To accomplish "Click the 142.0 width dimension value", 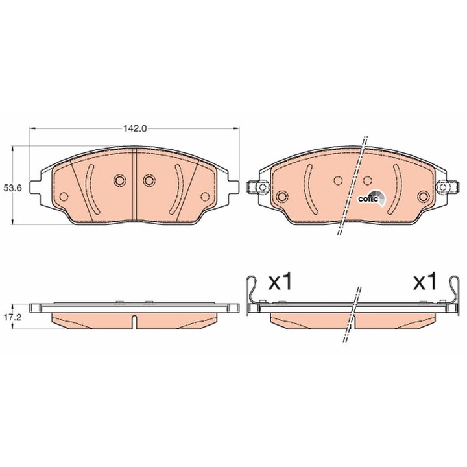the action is pos(135,128).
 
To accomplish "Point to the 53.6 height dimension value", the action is pos(12,187).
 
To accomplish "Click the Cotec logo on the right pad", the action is pos(372,198).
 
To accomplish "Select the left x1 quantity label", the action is pos(280,281).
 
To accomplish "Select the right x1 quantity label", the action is pos(425,281).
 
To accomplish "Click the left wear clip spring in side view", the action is pos(251,295).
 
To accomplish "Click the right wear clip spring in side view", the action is pos(453,295).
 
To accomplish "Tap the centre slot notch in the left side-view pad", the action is pos(134,322).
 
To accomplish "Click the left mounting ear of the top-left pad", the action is pos(36,187).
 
